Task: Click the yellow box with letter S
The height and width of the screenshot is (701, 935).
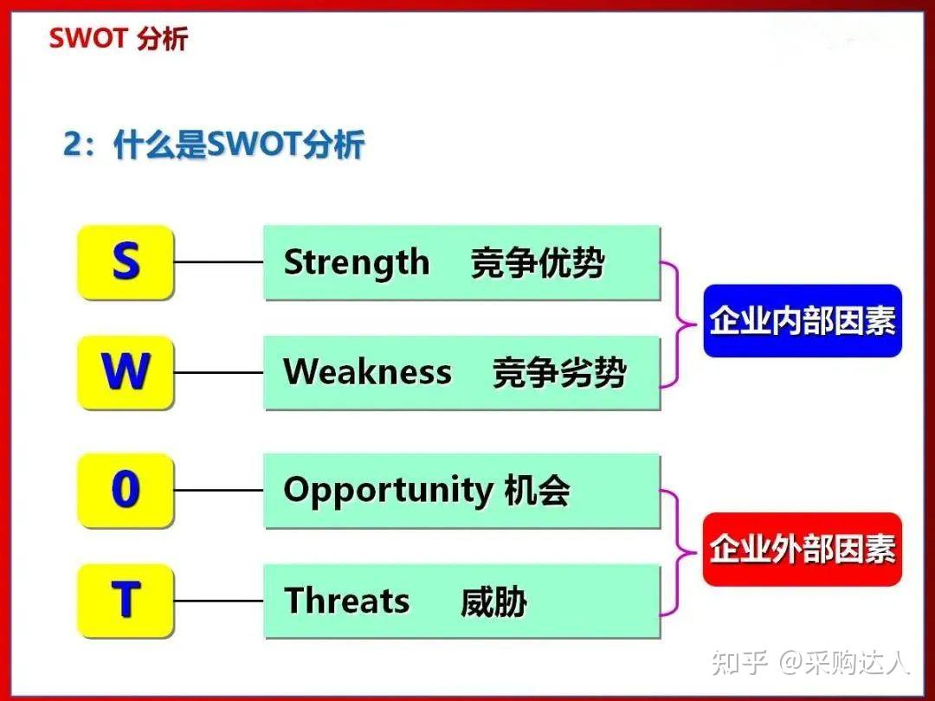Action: pyautogui.click(x=126, y=262)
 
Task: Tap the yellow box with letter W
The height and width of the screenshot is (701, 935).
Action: pyautogui.click(x=126, y=372)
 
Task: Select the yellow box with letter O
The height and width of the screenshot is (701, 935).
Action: pyautogui.click(x=126, y=491)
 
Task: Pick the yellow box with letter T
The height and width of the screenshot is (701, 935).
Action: pyautogui.click(x=126, y=600)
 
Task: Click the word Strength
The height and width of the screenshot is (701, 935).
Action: pyautogui.click(x=357, y=262)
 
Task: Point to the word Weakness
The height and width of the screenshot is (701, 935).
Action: pyautogui.click(x=367, y=372)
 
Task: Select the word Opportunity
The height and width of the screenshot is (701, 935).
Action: pyautogui.click(x=388, y=491)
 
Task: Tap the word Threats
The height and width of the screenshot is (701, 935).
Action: pyautogui.click(x=347, y=601)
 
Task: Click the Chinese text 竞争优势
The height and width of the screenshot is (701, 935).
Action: pyautogui.click(x=538, y=263)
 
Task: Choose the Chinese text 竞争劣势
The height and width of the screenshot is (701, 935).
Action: pyautogui.click(x=559, y=373)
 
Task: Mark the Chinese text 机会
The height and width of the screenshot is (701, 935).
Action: pyautogui.click(x=537, y=491)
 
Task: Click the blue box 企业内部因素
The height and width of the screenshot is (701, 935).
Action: pyautogui.click(x=803, y=321)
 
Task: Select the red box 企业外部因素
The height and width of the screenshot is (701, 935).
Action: pyautogui.click(x=803, y=550)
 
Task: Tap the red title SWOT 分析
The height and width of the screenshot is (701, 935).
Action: pyautogui.click(x=118, y=39)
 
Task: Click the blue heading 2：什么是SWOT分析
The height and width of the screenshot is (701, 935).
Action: pyautogui.click(x=213, y=145)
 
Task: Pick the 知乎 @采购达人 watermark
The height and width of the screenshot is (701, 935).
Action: pyautogui.click(x=810, y=663)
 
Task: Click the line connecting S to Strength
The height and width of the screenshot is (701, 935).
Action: pyautogui.click(x=218, y=262)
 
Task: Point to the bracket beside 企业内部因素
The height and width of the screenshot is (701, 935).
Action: pyautogui.click(x=677, y=324)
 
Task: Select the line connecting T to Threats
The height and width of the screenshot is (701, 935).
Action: pyautogui.click(x=218, y=600)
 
